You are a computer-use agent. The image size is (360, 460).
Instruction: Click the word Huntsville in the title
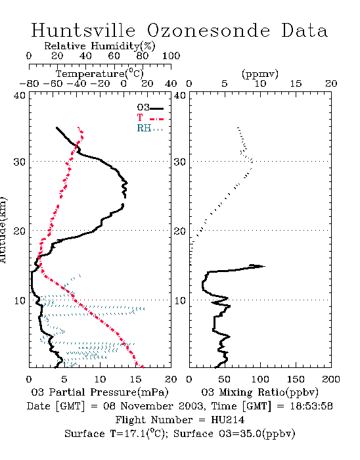click(x=83, y=30)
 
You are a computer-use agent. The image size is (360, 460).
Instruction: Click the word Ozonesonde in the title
click(x=208, y=30)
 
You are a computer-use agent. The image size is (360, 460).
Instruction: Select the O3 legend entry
click(x=150, y=108)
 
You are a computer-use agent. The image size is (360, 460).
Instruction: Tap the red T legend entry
click(x=150, y=118)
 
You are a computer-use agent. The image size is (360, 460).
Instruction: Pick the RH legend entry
click(x=150, y=128)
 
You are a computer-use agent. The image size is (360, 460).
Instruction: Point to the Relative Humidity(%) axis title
click(x=100, y=46)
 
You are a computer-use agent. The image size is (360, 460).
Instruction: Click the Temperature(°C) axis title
click(x=100, y=74)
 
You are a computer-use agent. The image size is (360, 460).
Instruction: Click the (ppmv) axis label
click(x=260, y=74)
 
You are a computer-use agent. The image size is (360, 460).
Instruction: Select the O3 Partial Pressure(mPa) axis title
click(x=100, y=392)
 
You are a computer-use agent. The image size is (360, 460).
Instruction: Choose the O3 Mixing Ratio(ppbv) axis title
click(x=259, y=392)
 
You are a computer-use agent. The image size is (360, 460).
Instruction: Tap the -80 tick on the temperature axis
click(x=29, y=84)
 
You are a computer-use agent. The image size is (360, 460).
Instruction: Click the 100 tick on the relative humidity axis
click(x=171, y=56)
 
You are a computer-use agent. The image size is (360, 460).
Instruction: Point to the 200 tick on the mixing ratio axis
click(x=331, y=379)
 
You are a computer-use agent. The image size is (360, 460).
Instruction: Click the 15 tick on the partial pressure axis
click(x=135, y=379)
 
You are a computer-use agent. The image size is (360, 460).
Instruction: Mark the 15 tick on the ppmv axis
click(x=296, y=84)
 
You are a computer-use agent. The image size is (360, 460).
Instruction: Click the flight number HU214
click(x=228, y=420)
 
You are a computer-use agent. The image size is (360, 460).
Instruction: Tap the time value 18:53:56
click(x=311, y=406)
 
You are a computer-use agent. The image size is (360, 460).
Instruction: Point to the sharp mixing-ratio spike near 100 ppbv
click(x=265, y=266)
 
